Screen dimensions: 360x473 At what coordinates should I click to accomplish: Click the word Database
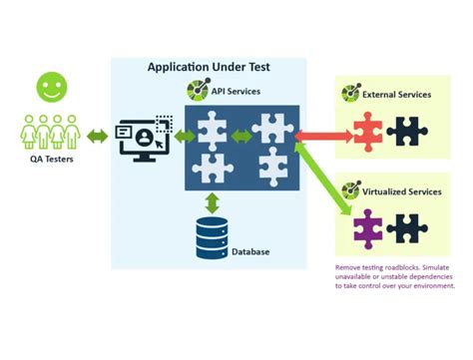pos(251,252)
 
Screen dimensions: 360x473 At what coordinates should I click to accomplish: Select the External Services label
pos(397,95)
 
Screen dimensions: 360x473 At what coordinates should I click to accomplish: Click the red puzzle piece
pos(365,131)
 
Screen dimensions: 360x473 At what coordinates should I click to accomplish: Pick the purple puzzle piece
pos(365,228)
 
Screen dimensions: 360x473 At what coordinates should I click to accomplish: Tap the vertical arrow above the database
pos(212,202)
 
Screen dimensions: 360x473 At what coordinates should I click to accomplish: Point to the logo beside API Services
pos(198,91)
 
